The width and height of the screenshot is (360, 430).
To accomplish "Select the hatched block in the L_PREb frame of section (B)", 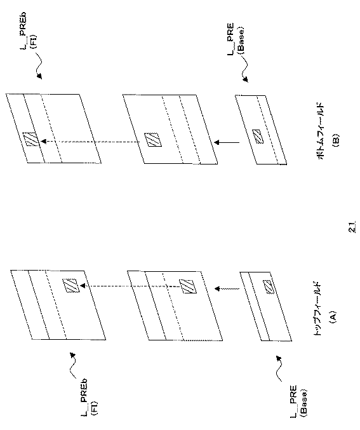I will pos(29,140).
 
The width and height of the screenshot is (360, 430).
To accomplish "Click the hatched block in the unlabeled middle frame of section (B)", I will pos(150,138).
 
